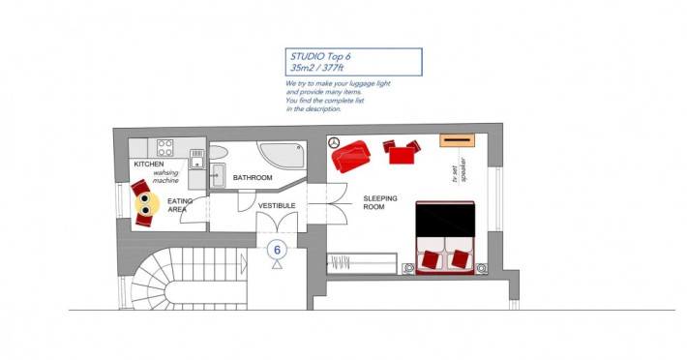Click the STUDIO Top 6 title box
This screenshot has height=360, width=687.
tap(353, 62)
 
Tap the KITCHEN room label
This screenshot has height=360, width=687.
tap(149, 165)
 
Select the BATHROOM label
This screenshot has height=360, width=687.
tap(253, 178)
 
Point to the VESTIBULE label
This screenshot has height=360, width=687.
tap(277, 206)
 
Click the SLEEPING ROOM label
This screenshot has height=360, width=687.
tap(380, 203)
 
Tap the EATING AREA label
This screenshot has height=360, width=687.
tap(180, 205)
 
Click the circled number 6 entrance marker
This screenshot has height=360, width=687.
tap(277, 250)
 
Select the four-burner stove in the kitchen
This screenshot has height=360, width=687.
tap(165, 148)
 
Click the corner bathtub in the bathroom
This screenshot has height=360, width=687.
tap(283, 155)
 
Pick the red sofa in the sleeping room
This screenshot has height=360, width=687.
tap(350, 156)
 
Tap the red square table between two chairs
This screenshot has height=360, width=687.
tap(402, 156)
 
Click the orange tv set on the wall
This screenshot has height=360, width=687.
tap(457, 140)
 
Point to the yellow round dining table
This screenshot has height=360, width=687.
tap(147, 203)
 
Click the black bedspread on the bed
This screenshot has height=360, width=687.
tap(445, 220)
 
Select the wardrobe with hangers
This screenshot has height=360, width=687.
tap(362, 263)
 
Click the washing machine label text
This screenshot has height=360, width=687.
tap(165, 176)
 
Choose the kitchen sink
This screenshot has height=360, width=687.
tap(197, 159)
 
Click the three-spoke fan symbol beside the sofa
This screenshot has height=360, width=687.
tap(334, 142)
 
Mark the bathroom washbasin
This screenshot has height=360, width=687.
tap(218, 175)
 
